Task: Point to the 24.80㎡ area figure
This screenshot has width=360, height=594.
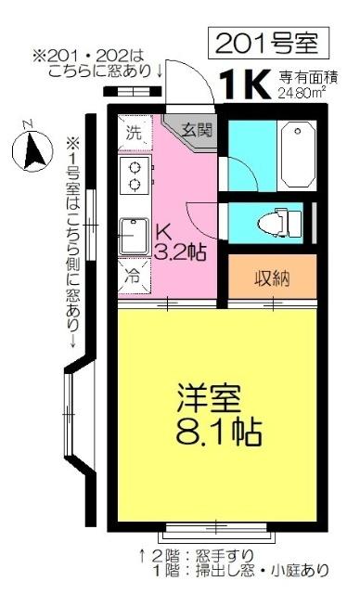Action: point(301,93)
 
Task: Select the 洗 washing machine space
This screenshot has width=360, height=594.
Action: point(134,132)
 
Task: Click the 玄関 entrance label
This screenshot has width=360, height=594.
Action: point(197,131)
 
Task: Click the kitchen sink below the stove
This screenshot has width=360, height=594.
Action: point(135,233)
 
